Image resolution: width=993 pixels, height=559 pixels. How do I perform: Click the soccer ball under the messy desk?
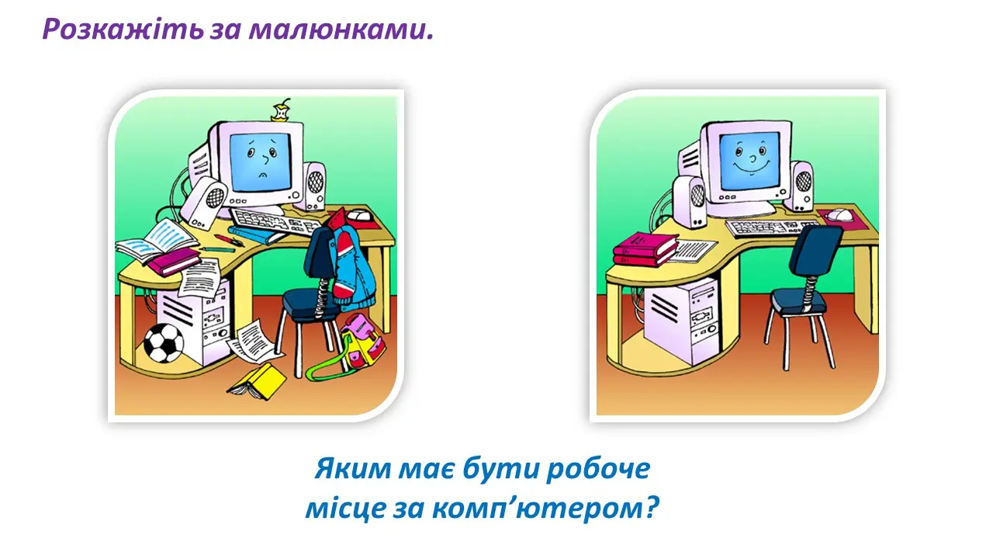tap(164, 342)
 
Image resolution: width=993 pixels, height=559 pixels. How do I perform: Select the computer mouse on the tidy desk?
tap(839, 214)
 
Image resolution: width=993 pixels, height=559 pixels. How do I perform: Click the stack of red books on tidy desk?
tap(644, 248)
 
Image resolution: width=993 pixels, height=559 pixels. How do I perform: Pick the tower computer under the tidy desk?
tap(683, 322)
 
